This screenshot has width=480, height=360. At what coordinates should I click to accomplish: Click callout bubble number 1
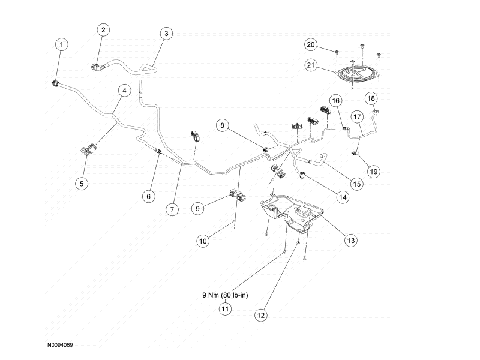62,44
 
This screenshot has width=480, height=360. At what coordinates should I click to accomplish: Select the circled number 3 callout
166,34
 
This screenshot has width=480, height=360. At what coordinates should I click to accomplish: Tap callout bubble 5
82,184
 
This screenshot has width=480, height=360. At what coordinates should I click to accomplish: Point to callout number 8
222,125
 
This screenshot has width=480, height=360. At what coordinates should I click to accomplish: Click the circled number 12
261,316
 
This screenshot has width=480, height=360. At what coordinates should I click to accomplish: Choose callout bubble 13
351,241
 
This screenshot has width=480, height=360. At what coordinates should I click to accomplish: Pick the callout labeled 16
336,101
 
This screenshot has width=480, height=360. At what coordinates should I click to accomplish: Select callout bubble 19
374,172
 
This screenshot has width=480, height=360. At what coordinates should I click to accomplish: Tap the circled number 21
311,65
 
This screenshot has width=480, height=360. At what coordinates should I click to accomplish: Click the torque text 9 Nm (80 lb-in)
226,295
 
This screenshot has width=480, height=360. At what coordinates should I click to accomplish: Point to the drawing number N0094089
60,345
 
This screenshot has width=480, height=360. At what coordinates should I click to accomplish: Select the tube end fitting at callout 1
55,83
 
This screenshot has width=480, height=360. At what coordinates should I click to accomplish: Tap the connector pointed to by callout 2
95,67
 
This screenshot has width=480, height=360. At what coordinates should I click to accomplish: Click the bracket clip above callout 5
89,150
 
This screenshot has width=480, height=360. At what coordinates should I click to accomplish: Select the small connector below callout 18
376,112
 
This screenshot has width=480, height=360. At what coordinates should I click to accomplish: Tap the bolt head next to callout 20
337,52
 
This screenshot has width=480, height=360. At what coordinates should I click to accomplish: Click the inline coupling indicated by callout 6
158,151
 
